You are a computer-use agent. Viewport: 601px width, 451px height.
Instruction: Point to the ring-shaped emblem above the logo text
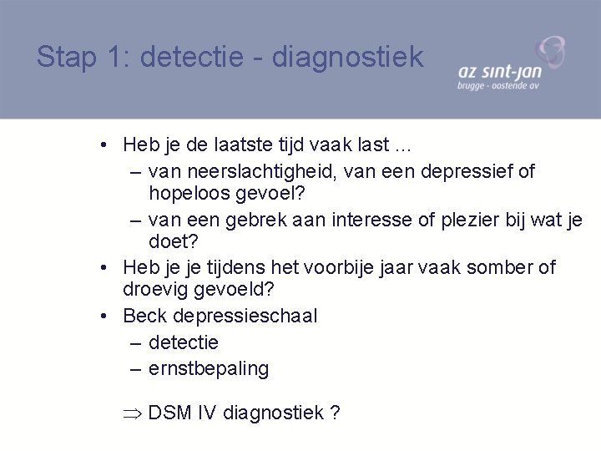[x=550, y=52]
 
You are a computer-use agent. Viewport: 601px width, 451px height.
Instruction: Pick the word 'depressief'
[x=468, y=171]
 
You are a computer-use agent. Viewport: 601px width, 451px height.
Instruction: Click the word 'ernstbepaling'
[x=209, y=369]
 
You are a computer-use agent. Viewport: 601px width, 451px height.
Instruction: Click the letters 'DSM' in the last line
[x=170, y=413]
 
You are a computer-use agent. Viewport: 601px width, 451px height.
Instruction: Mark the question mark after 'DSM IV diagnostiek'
[x=335, y=413]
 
